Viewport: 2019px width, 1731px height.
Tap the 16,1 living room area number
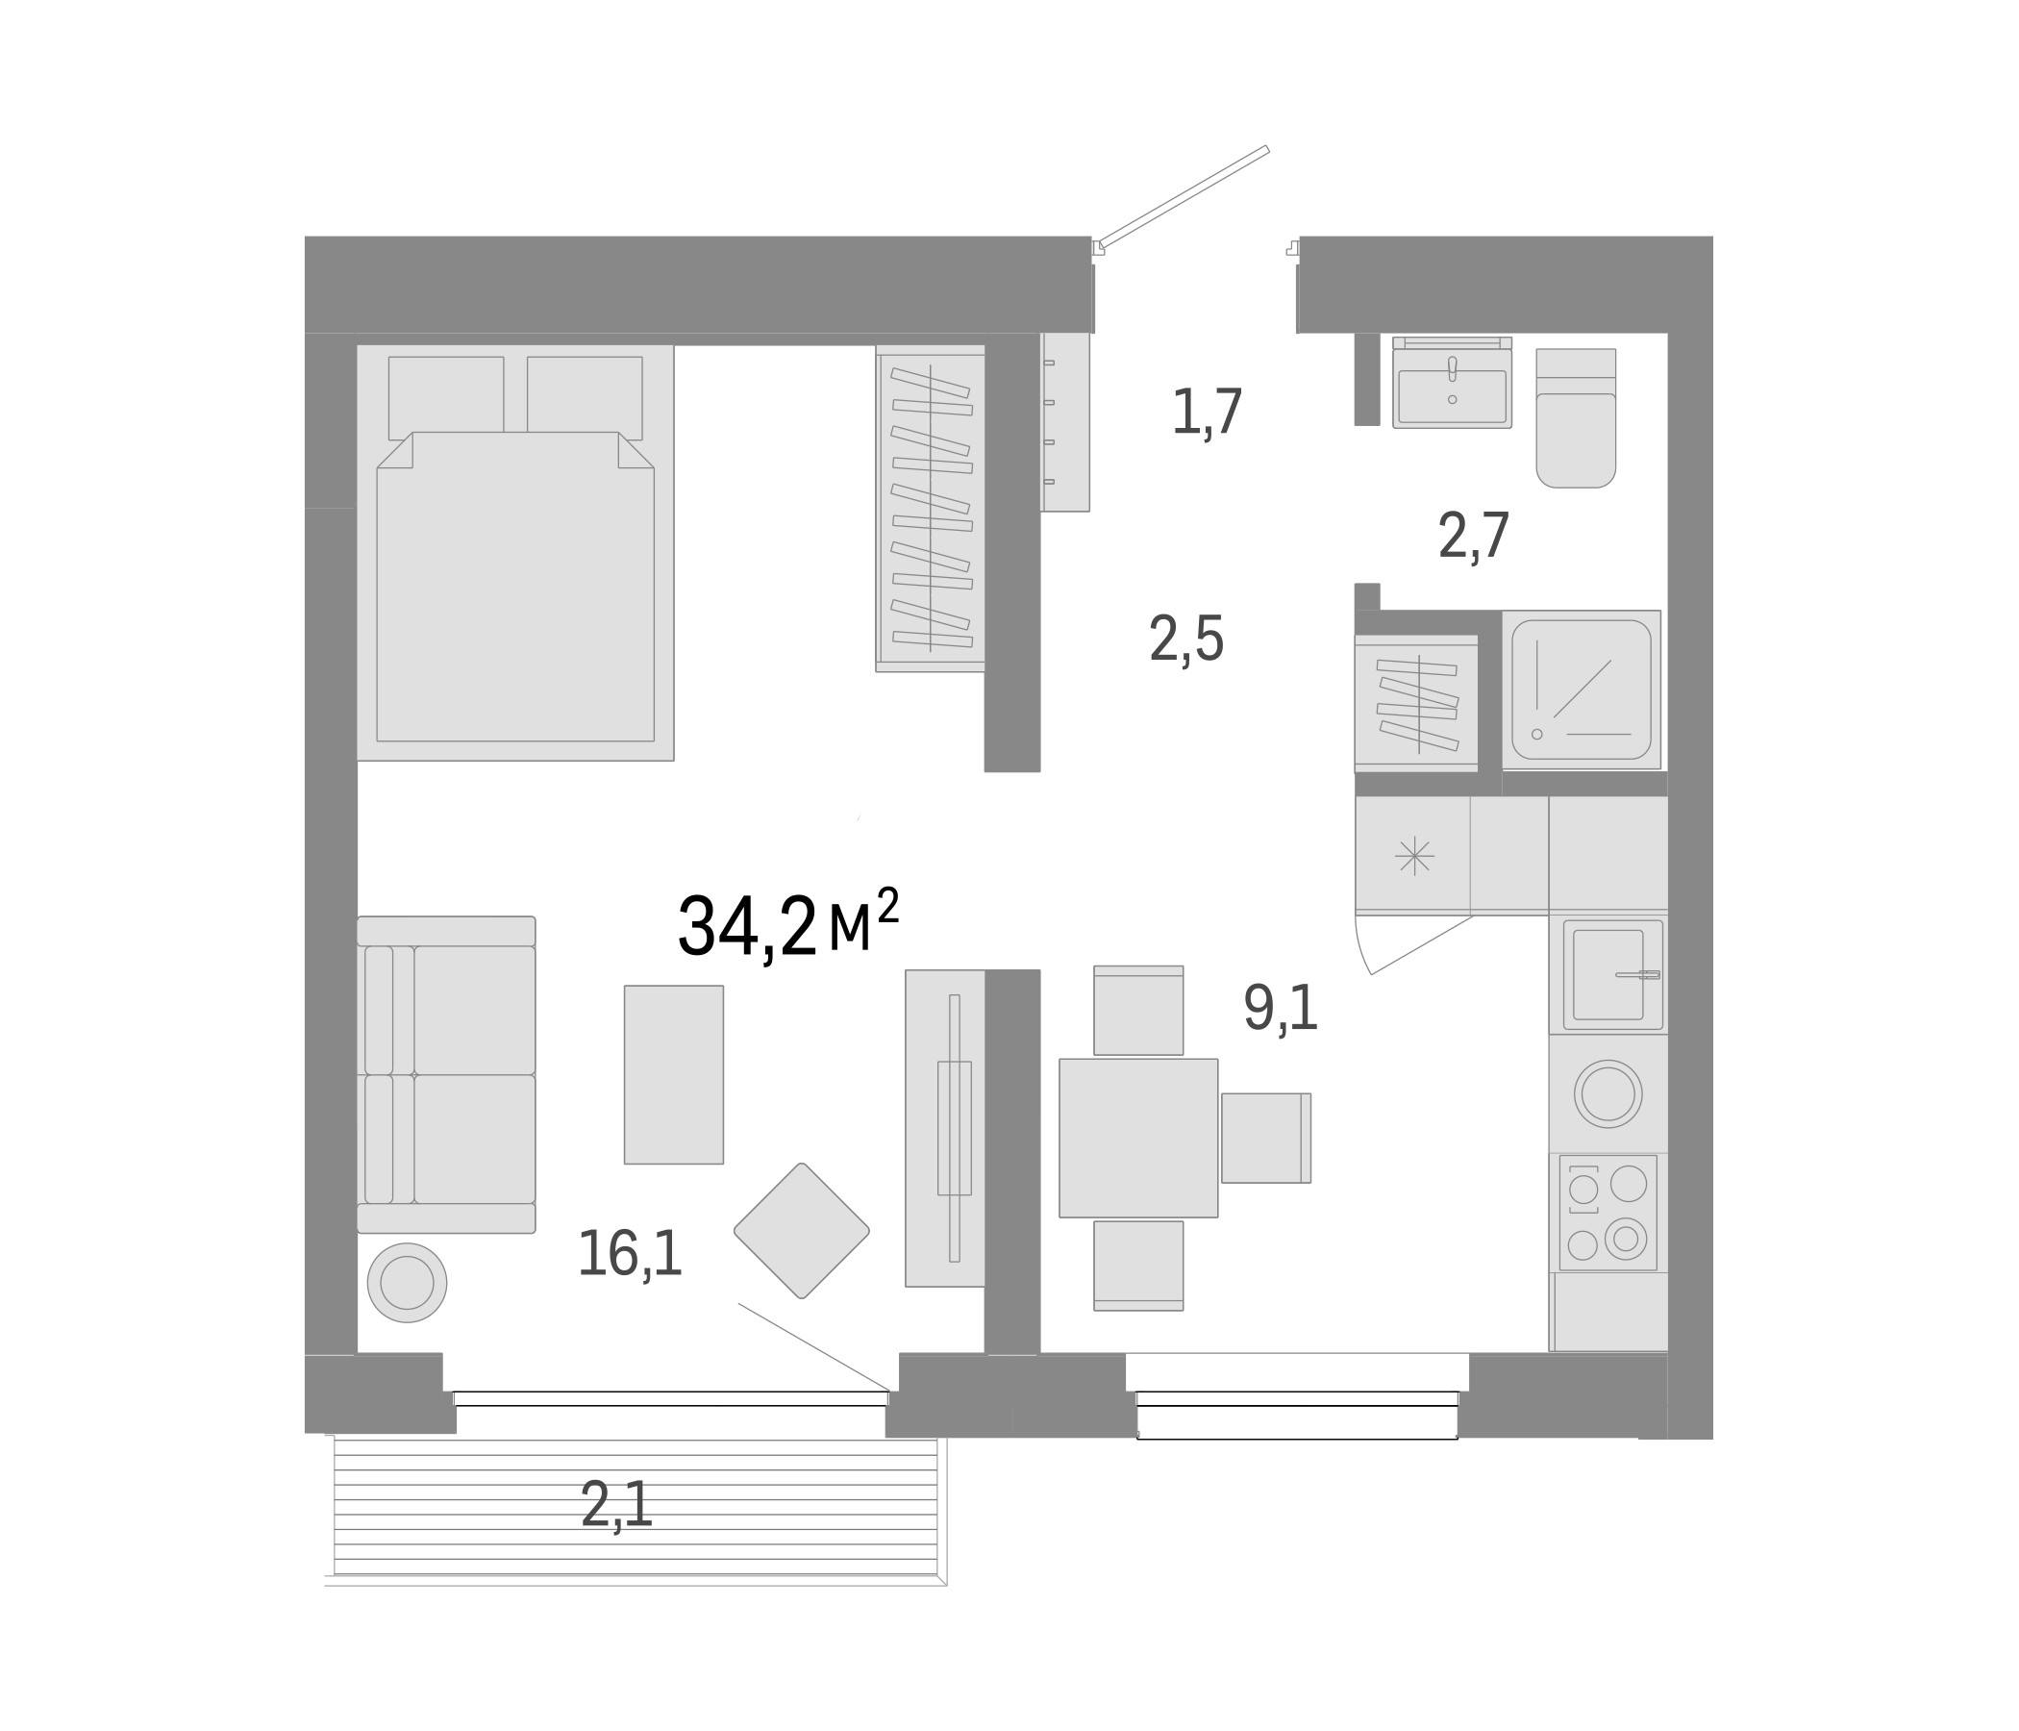[x=630, y=1253]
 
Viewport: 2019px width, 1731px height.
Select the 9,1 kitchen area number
[x=1281, y=1008]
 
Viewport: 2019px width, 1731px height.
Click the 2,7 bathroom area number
[x=1473, y=536]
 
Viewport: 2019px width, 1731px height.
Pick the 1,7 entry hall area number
[x=1207, y=413]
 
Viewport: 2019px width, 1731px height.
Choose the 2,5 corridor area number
[x=1185, y=640]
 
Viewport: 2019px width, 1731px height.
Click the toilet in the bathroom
[x=1576, y=419]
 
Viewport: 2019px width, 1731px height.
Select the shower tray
[x=1581, y=690]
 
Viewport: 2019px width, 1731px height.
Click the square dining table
[x=1138, y=1138]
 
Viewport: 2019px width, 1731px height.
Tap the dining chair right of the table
[x=1265, y=1138]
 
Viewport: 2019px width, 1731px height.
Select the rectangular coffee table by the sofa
[x=673, y=1074]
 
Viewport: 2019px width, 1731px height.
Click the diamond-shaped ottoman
[x=801, y=1230]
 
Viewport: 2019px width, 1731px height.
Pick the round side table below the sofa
[x=408, y=1283]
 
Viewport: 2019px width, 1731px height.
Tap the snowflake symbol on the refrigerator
[x=1414, y=856]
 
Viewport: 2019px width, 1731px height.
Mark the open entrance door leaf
[x=1184, y=195]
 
